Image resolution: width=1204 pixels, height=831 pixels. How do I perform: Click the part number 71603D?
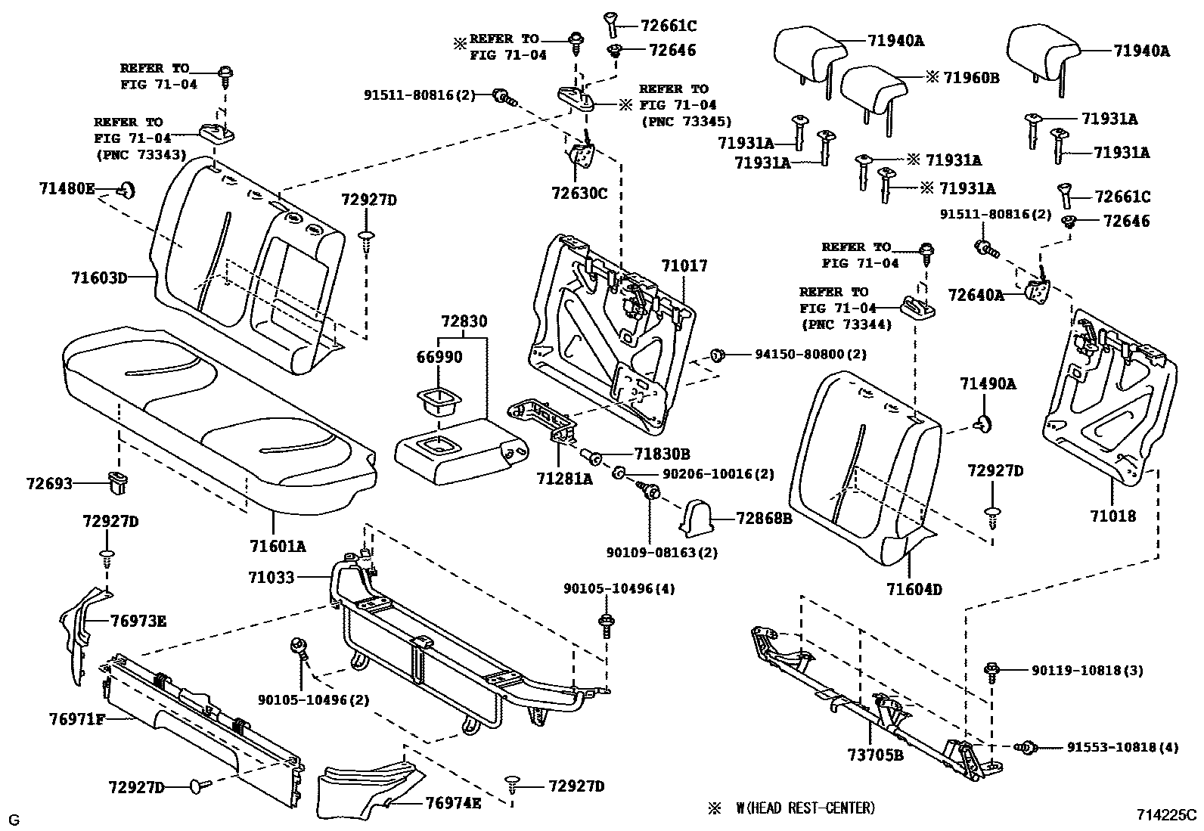(x=99, y=278)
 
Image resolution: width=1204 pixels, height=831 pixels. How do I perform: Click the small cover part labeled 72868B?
(x=697, y=519)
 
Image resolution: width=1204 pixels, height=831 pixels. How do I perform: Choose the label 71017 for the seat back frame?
(x=684, y=265)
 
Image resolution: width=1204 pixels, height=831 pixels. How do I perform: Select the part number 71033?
(x=271, y=578)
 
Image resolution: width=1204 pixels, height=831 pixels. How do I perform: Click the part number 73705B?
(x=875, y=755)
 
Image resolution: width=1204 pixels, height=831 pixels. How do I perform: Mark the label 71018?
(x=1112, y=516)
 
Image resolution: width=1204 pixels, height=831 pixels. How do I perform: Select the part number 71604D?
(x=914, y=589)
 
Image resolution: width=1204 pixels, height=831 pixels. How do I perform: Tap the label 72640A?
(x=976, y=295)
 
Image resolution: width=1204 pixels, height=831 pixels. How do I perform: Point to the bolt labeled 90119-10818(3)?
(x=993, y=670)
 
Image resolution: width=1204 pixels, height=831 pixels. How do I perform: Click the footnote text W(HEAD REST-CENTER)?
(x=805, y=808)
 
